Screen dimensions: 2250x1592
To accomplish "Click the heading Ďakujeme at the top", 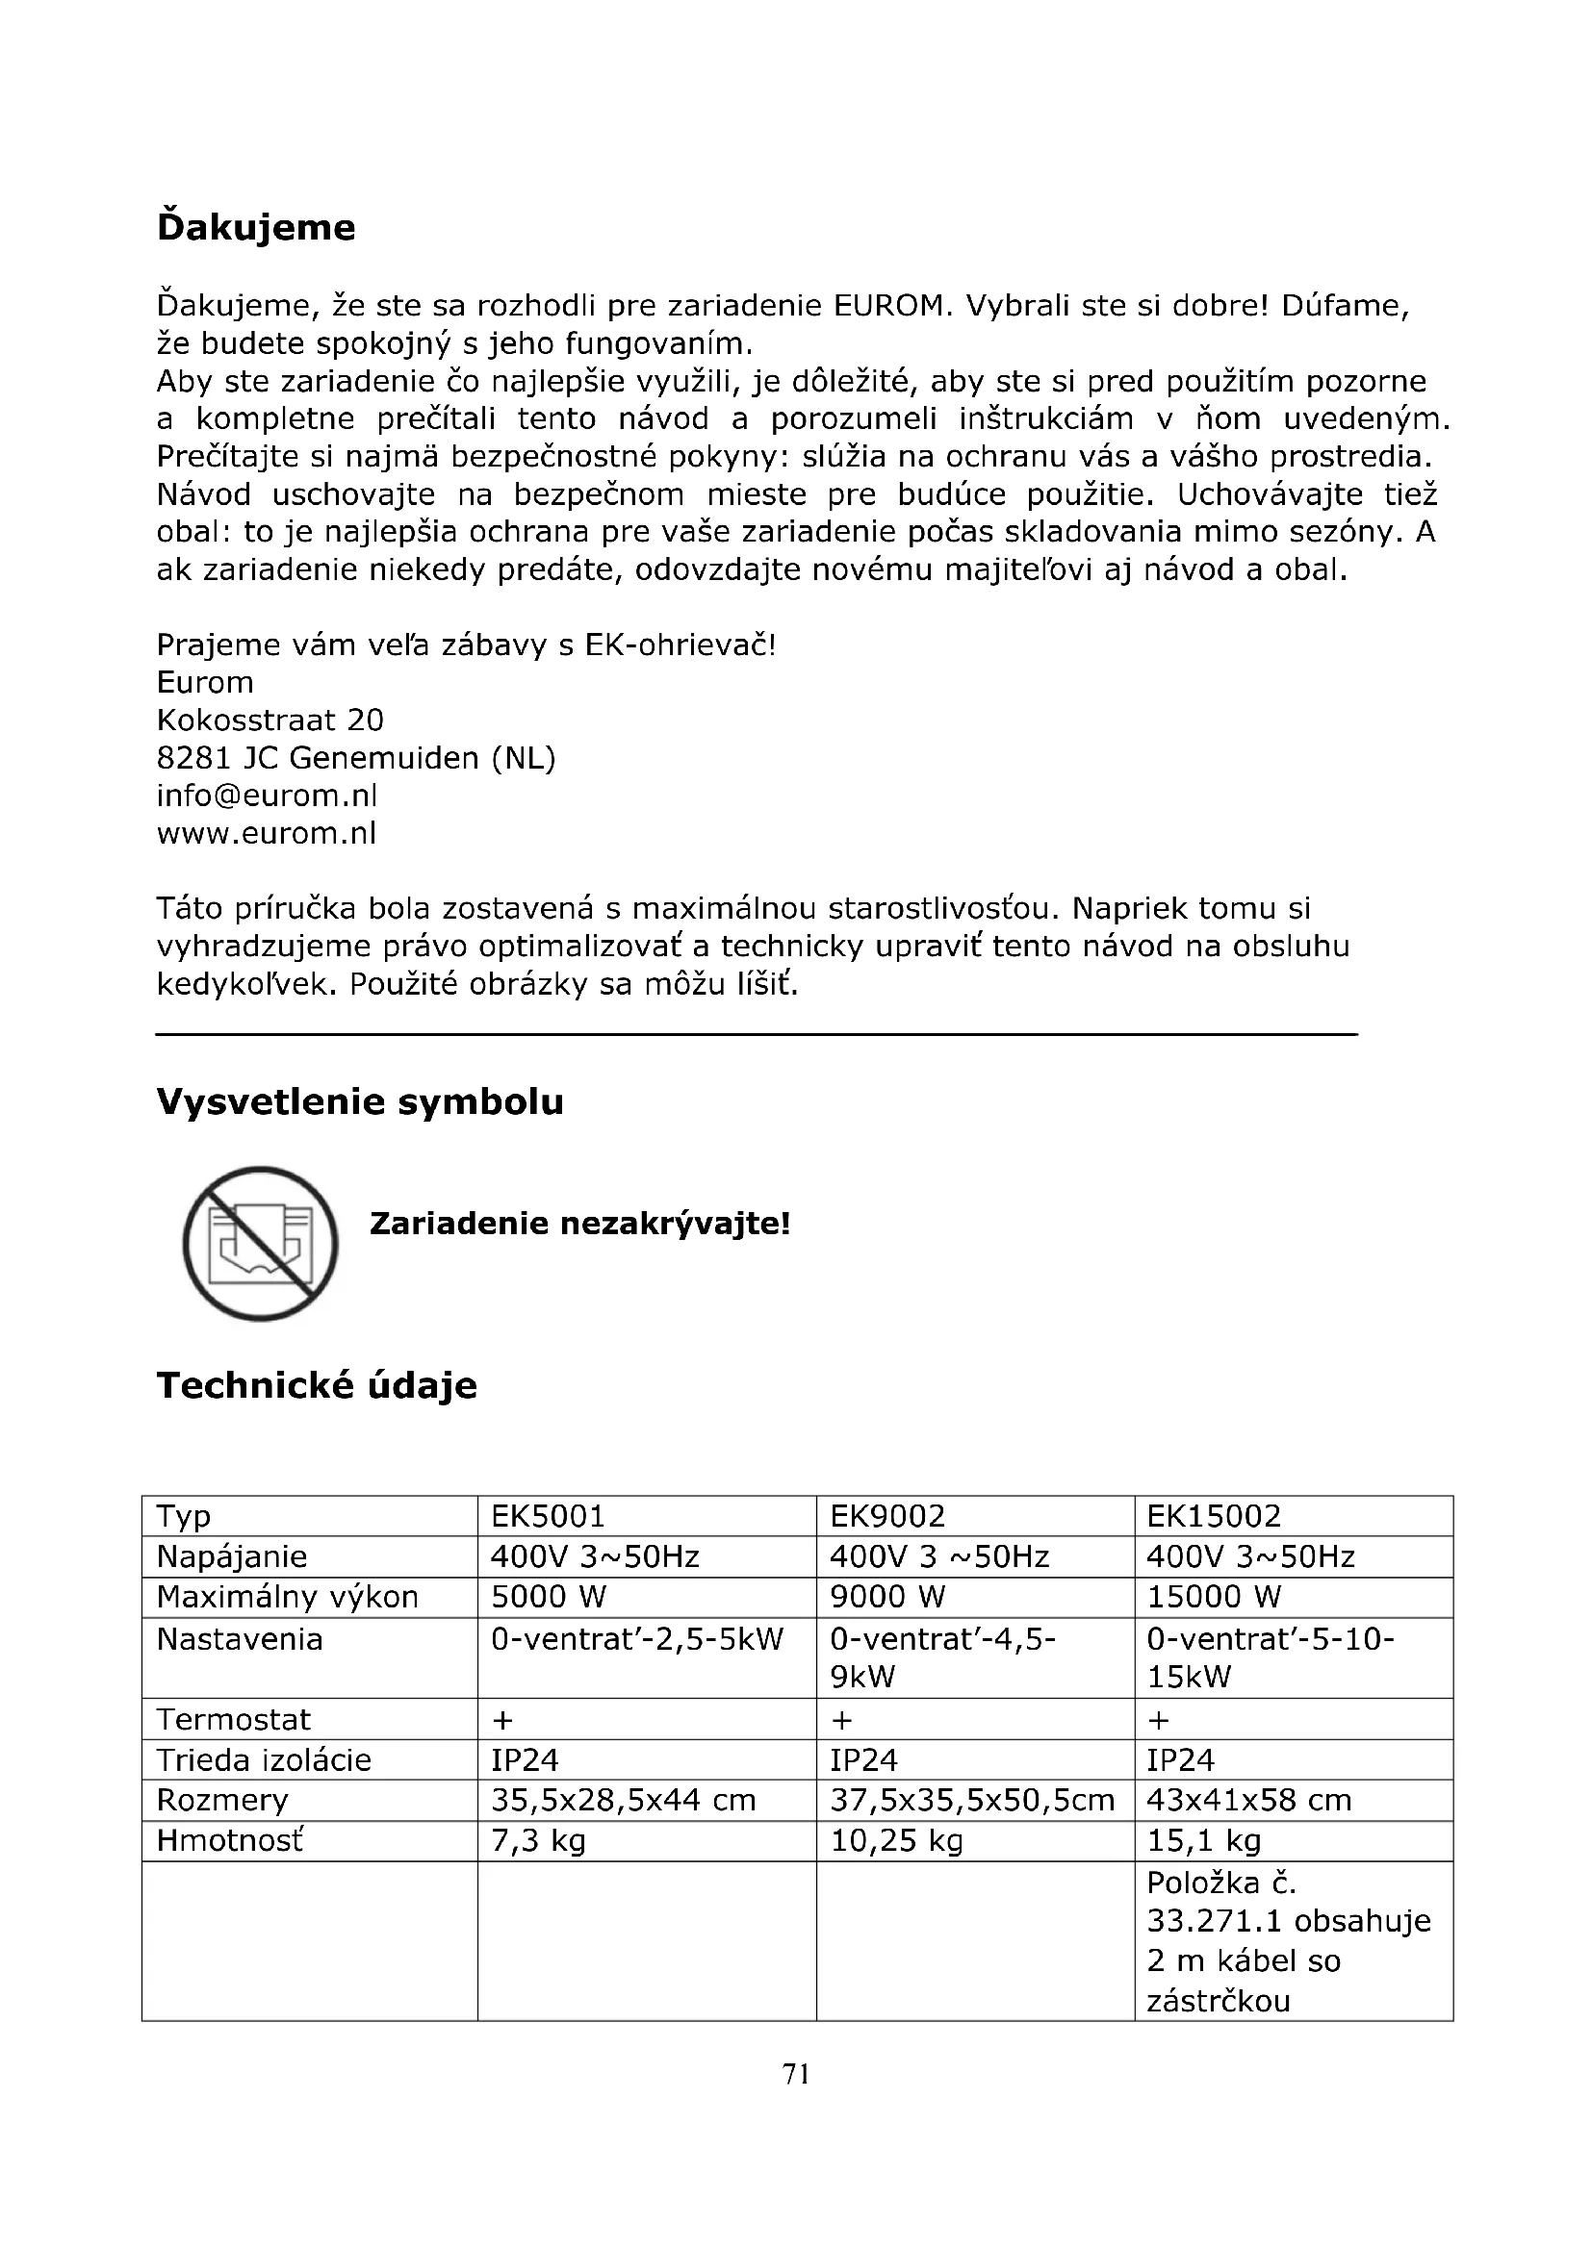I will (256, 227).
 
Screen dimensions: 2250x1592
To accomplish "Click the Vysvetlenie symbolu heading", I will (360, 1102).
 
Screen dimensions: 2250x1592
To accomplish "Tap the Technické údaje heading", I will (316, 1385).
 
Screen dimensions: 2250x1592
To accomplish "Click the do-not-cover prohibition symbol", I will (260, 1244).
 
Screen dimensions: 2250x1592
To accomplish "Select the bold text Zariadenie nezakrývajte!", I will (579, 1224).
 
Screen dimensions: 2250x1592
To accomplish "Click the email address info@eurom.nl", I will (267, 796).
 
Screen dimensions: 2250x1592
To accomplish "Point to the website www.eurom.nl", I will (267, 834).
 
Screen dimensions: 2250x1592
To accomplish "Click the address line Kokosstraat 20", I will (270, 721).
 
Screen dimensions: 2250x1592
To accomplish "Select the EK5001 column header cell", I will (548, 1517).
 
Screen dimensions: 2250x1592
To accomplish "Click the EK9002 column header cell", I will (887, 1517).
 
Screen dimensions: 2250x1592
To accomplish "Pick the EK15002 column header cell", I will (1214, 1517).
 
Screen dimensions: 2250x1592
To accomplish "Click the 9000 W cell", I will (887, 1598).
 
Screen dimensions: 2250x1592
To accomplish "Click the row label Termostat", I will (233, 1720).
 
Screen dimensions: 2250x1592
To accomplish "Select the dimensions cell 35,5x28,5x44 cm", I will (624, 1800).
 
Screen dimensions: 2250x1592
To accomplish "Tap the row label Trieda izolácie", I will (264, 1760).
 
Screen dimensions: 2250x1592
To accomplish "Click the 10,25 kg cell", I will (896, 1841).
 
